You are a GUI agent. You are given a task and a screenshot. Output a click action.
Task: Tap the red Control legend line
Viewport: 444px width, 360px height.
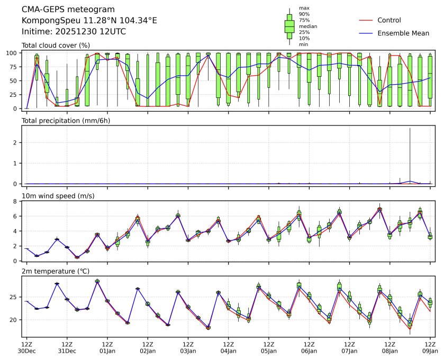click(366, 20)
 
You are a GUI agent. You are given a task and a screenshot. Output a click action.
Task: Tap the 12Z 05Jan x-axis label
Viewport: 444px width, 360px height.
click(269, 347)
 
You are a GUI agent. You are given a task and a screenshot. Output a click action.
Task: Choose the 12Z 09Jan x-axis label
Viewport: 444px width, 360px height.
click(430, 347)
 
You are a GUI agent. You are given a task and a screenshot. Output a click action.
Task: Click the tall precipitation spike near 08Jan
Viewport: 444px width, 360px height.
click(410, 154)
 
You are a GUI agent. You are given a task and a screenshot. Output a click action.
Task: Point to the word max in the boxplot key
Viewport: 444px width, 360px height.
click(304, 8)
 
